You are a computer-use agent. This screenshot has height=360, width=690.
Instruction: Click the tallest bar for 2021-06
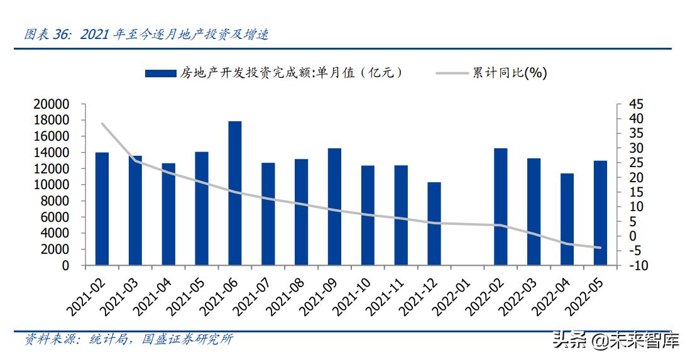point(235,193)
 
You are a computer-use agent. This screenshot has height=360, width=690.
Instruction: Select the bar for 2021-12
point(434,224)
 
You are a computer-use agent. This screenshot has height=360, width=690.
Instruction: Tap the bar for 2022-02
point(501,207)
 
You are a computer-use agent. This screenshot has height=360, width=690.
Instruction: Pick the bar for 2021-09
point(334,207)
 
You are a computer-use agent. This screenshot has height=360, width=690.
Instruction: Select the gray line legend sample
point(452,73)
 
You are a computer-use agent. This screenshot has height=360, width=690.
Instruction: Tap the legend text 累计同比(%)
point(510,73)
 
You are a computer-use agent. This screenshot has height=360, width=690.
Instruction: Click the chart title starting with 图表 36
point(146,35)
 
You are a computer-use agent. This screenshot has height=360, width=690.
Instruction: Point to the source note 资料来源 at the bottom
point(128,339)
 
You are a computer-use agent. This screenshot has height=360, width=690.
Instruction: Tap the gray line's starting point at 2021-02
point(102,124)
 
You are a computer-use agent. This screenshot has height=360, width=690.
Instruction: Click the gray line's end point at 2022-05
point(600,248)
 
